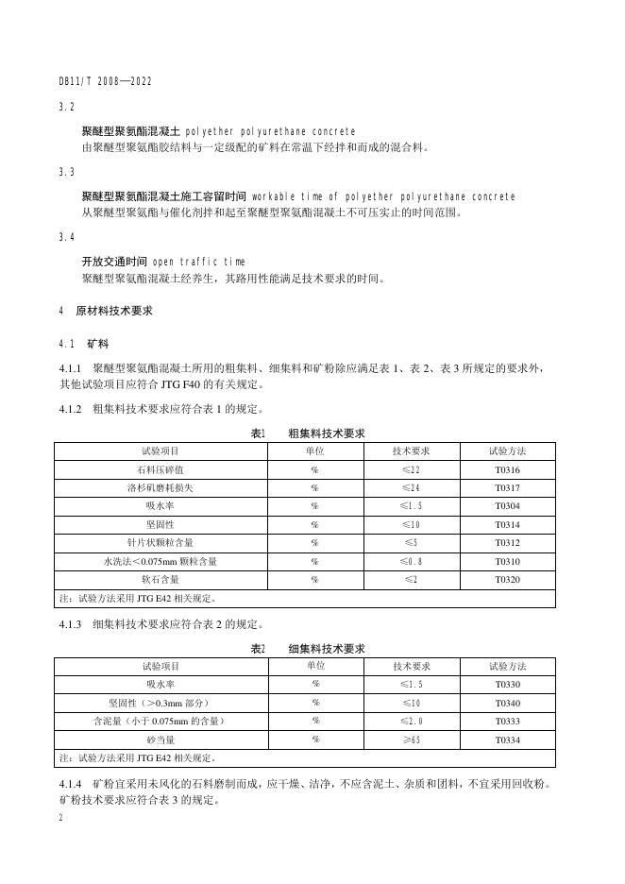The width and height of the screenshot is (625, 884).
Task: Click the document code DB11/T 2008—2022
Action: point(105,82)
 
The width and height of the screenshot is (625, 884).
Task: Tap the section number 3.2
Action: point(66,108)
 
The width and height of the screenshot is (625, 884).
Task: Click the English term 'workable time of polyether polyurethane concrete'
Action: point(383,196)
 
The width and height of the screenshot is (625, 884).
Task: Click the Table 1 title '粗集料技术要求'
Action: point(326,433)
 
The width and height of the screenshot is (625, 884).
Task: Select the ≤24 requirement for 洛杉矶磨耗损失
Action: point(411,488)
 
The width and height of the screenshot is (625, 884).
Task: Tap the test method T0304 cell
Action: point(507,506)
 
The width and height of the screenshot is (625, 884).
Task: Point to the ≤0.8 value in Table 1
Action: point(411,561)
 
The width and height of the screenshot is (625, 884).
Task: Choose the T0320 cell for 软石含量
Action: point(507,579)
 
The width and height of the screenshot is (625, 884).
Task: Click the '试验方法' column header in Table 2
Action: point(507,667)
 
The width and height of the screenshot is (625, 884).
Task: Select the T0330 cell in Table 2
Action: point(507,685)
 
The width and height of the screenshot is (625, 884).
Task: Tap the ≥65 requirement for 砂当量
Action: point(411,739)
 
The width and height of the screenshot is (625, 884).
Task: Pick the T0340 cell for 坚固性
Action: point(507,704)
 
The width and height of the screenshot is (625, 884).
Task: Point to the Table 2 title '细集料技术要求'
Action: point(326,649)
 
